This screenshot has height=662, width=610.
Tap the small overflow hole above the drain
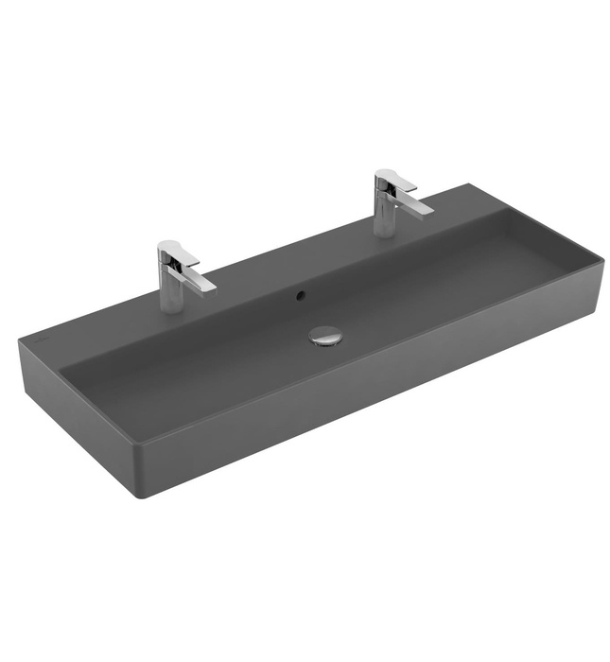tap(301, 296)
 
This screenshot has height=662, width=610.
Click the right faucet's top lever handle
tap(394, 179)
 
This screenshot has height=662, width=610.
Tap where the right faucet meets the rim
tap(386, 234)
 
